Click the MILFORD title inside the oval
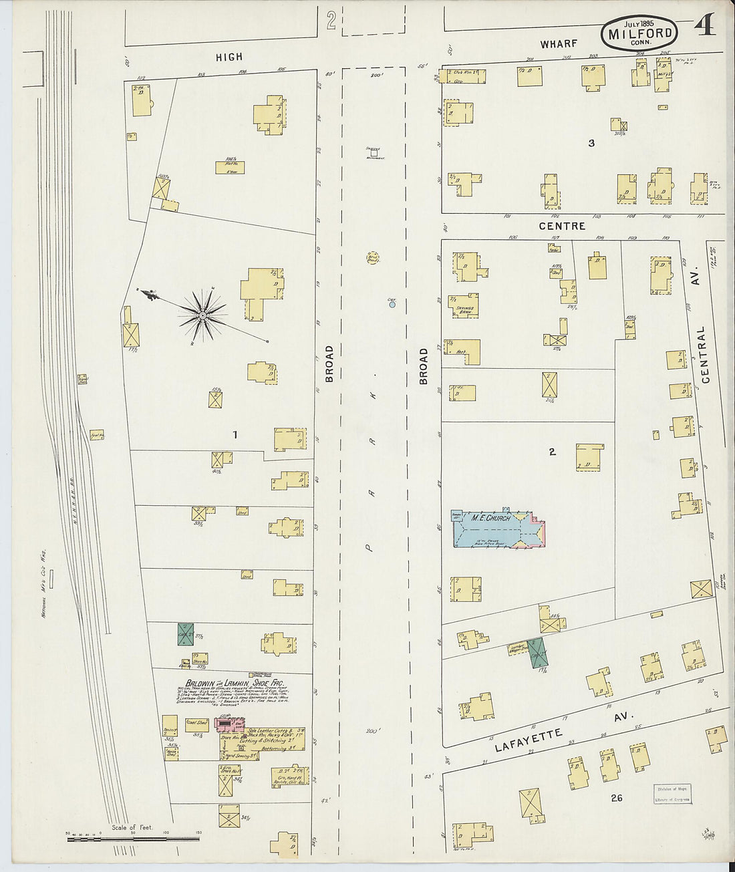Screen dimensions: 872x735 pyautogui.click(x=639, y=33)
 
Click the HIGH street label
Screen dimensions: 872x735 pyautogui.click(x=229, y=57)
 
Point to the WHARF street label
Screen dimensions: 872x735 pyautogui.click(x=559, y=43)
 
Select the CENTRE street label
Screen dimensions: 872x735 pyautogui.click(x=562, y=226)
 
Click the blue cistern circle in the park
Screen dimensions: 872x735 pyautogui.click(x=392, y=304)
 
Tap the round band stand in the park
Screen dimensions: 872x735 pyautogui.click(x=372, y=257)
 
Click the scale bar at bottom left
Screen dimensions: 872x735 pyautogui.click(x=134, y=837)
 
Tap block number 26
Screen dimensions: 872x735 pyautogui.click(x=616, y=797)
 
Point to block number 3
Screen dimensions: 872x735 pyautogui.click(x=591, y=142)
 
